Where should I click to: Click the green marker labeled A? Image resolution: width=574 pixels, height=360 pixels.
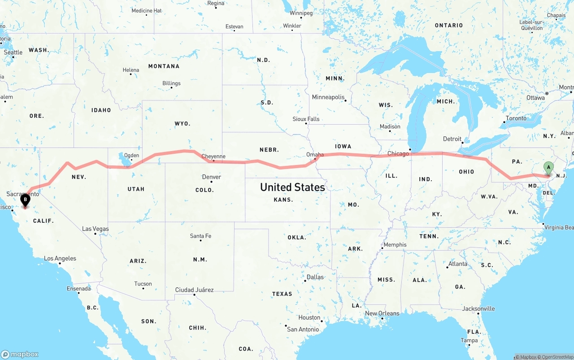[x=548, y=169]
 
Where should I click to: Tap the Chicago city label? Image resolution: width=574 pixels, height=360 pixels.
[x=398, y=153]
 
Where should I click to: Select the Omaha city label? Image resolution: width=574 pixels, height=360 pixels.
[x=315, y=154]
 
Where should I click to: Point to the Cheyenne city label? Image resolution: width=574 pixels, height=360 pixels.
[x=213, y=156]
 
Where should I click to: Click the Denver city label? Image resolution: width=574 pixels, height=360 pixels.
[x=211, y=177]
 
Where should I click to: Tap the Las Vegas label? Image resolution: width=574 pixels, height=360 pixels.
[x=95, y=229]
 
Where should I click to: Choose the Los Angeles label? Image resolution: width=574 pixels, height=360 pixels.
[x=60, y=258]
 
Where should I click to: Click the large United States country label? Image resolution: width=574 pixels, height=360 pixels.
[x=292, y=187]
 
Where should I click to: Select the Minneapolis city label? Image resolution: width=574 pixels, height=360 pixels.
[x=328, y=97]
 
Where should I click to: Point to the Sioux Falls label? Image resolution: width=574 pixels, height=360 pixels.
[x=306, y=119]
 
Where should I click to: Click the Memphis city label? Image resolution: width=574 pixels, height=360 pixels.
[x=395, y=244]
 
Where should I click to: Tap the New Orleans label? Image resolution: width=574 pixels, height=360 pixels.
[x=382, y=313]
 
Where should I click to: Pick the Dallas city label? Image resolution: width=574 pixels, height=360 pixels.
[x=315, y=277]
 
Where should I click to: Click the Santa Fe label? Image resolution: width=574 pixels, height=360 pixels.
[x=200, y=236]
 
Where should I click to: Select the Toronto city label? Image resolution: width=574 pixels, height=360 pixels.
[x=516, y=118]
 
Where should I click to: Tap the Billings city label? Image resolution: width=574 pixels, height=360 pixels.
[x=171, y=83]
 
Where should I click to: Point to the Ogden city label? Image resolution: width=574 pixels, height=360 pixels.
[x=131, y=156]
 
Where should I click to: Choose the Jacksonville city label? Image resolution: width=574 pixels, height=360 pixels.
[x=478, y=308]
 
